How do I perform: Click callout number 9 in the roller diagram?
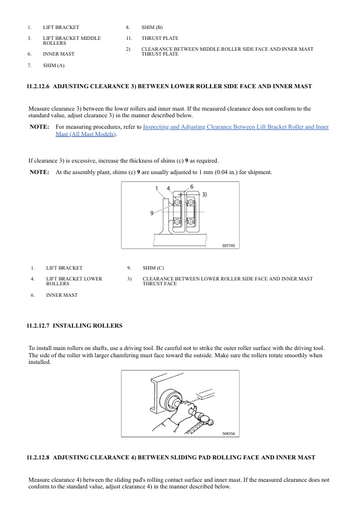(x=152, y=213)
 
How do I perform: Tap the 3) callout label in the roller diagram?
(x=205, y=195)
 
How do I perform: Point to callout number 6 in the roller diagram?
(x=192, y=187)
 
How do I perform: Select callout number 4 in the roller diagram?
(x=168, y=188)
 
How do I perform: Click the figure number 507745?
(x=229, y=246)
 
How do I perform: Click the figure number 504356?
(x=229, y=433)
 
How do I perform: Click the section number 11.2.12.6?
(x=38, y=86)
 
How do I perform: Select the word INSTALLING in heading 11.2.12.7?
(x=72, y=326)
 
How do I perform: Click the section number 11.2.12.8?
(x=38, y=458)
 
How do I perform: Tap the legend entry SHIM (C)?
(x=153, y=268)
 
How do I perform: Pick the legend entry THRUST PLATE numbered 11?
(x=160, y=38)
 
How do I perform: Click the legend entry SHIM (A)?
(x=54, y=65)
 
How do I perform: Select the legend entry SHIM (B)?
(x=152, y=27)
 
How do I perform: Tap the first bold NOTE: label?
(x=39, y=126)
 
